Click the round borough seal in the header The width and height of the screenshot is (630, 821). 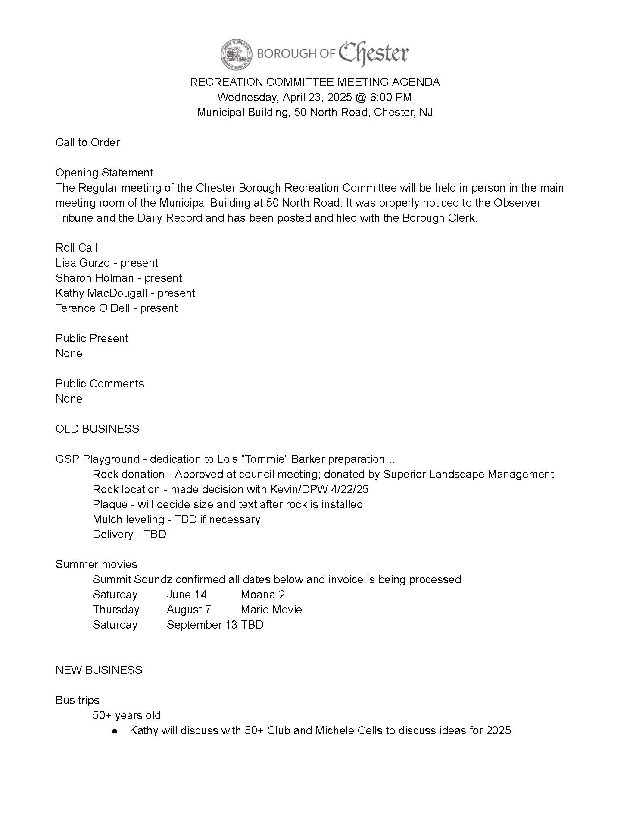(x=236, y=54)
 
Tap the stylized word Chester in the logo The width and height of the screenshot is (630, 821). (x=373, y=54)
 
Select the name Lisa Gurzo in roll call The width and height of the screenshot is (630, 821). (x=82, y=263)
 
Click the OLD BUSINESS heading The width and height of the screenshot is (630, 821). (x=97, y=429)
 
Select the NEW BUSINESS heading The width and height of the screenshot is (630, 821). (x=99, y=670)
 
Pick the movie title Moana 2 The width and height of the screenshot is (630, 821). (x=263, y=595)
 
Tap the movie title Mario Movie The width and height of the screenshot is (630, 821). (x=271, y=610)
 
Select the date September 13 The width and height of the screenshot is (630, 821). (x=202, y=625)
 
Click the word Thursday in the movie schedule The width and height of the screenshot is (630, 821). (x=116, y=610)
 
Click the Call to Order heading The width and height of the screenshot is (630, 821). (x=87, y=142)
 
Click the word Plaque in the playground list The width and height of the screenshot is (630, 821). (x=110, y=504)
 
